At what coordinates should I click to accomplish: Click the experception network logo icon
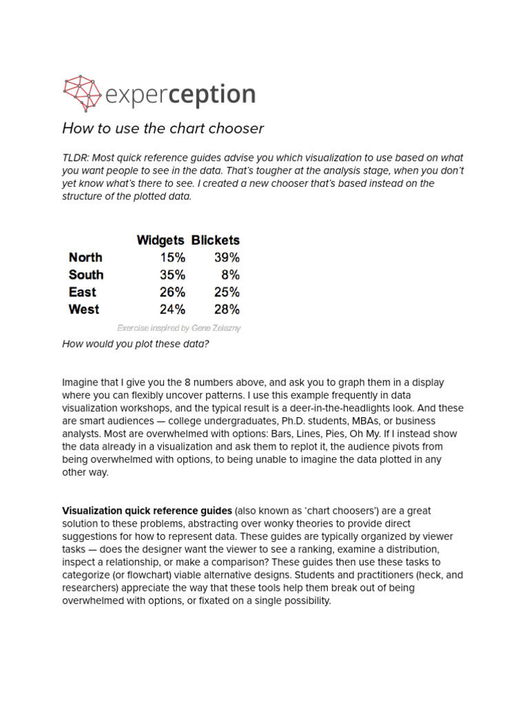point(81,93)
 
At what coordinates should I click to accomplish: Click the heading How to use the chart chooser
point(163,128)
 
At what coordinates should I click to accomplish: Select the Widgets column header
point(160,240)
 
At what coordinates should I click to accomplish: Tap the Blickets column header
point(216,240)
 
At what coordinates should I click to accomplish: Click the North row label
point(85,257)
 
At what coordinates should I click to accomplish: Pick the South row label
point(86,274)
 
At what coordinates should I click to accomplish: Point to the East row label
point(83,292)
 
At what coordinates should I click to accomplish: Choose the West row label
point(84,309)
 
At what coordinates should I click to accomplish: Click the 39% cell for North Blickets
point(226,257)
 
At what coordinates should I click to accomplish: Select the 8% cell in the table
point(231,274)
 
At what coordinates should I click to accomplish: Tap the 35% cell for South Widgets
point(172,274)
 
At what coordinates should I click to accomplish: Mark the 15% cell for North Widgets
point(172,257)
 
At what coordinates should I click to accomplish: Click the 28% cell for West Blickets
point(226,309)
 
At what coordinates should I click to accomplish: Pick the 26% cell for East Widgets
point(172,292)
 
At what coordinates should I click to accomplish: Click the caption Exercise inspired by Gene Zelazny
point(178,328)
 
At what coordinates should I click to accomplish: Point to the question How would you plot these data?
point(135,344)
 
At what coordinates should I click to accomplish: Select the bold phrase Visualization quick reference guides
point(147,511)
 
